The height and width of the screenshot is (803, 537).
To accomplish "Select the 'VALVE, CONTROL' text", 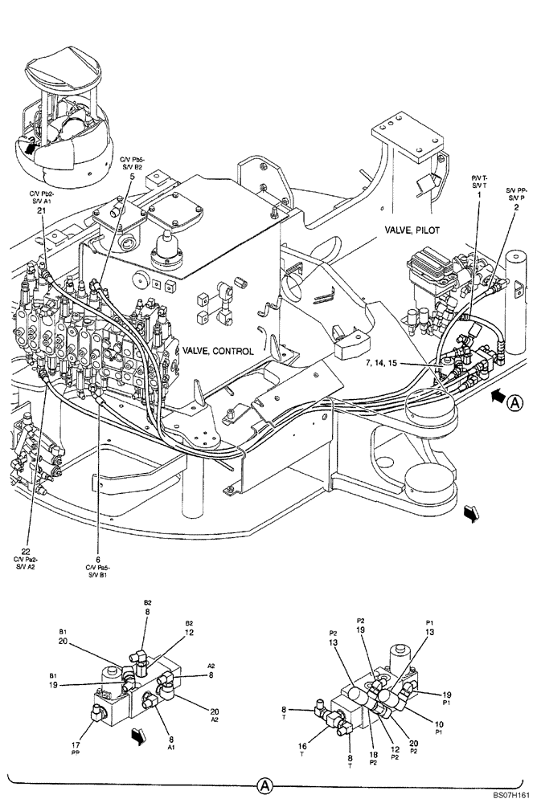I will tap(218, 351).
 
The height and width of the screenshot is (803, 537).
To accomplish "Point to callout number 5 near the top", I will tap(132, 177).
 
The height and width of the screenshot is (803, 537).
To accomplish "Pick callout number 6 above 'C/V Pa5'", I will tap(97, 559).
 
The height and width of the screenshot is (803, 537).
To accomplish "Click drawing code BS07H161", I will tap(510, 795).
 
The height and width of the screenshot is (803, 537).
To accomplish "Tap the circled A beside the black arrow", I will tap(515, 403).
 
